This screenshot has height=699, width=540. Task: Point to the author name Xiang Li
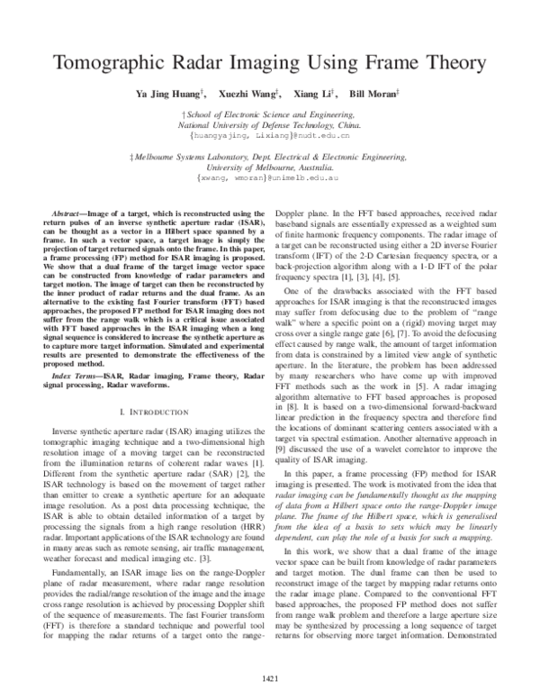coord(313,95)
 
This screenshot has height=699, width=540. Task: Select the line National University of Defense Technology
coord(269,125)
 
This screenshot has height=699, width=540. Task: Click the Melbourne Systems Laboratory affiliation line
coord(269,157)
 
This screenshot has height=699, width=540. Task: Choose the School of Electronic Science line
coord(269,115)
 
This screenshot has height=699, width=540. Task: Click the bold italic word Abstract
coord(73,209)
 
